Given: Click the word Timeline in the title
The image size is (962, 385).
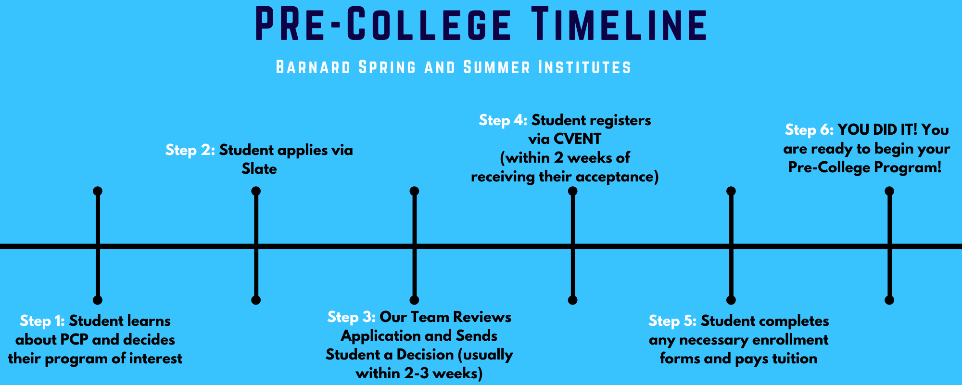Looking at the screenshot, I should [620, 24].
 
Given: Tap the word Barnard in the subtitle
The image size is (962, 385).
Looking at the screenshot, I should [313, 67].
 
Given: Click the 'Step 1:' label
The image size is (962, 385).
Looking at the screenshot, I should [42, 321].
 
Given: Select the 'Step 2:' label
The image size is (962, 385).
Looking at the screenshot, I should [190, 150].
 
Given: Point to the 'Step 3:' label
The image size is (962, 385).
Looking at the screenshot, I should [351, 317].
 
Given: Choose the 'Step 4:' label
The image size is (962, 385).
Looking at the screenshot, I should [503, 120].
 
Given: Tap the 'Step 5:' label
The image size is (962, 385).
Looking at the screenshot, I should [672, 321].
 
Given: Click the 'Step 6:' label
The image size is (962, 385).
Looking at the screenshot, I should [809, 130].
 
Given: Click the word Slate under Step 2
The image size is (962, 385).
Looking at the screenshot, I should [259, 169].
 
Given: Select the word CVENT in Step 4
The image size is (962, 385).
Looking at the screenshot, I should [577, 139].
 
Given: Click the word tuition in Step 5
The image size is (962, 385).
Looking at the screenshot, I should [795, 359].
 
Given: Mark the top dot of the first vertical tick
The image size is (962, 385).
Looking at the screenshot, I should [98, 191].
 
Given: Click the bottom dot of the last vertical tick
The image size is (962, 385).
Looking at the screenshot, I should [889, 300].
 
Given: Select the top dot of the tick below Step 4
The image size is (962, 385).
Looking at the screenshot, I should [572, 191].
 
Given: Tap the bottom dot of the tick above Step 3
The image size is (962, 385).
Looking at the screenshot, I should [414, 300].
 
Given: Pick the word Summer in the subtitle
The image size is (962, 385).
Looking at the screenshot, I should [497, 67].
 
